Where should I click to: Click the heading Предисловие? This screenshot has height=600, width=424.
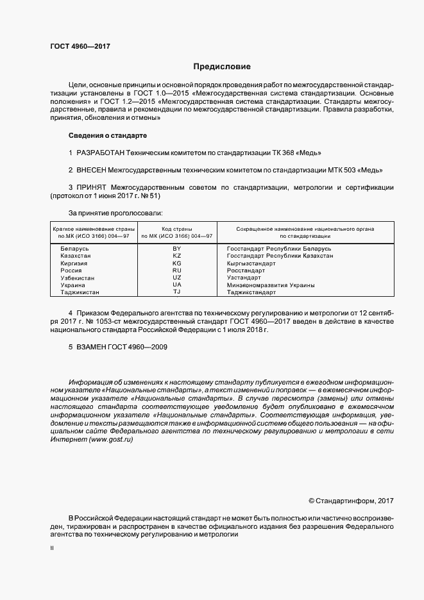point(222,67)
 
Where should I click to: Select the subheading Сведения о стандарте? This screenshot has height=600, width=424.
point(108,136)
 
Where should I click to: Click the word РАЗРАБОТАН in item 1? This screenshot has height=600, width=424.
point(100,153)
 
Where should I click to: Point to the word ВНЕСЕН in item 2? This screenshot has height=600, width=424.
point(92,171)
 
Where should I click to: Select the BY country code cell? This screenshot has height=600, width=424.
point(177,248)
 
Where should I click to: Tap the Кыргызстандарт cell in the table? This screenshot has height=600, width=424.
point(251,263)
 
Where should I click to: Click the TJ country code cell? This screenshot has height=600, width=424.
point(177,292)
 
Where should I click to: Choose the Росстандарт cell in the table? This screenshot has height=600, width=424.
point(246,271)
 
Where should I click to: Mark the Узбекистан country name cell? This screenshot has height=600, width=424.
point(77,278)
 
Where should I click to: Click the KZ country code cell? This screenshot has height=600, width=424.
point(177,255)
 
